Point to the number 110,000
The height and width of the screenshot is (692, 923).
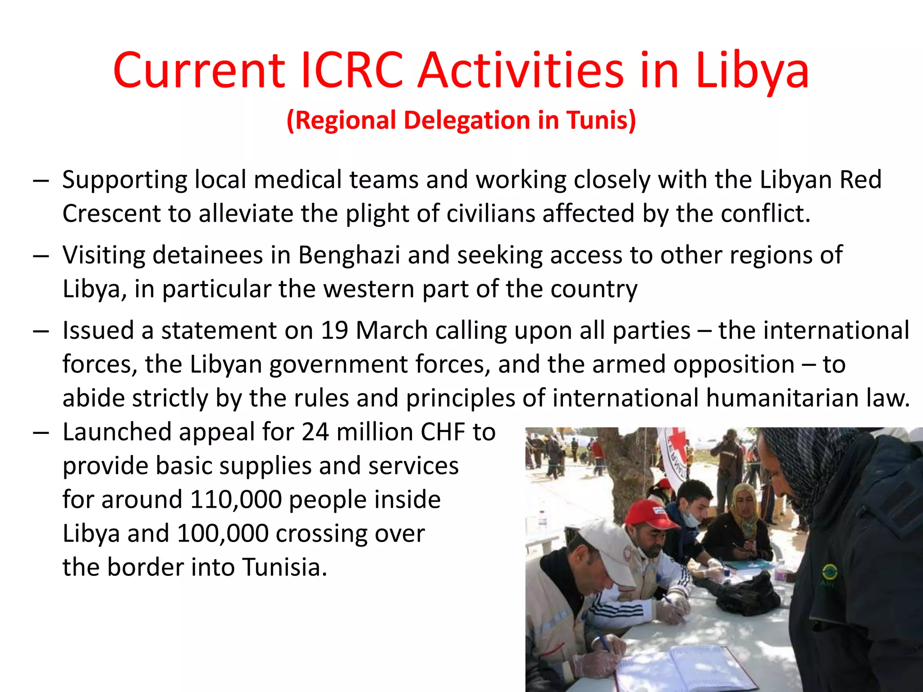click(x=235, y=500)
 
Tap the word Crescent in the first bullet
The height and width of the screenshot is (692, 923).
click(x=111, y=214)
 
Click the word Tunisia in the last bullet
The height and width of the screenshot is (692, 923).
click(x=284, y=567)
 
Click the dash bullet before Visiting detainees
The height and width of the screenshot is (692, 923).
click(x=41, y=256)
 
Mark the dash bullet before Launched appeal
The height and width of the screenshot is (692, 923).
click(x=41, y=432)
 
